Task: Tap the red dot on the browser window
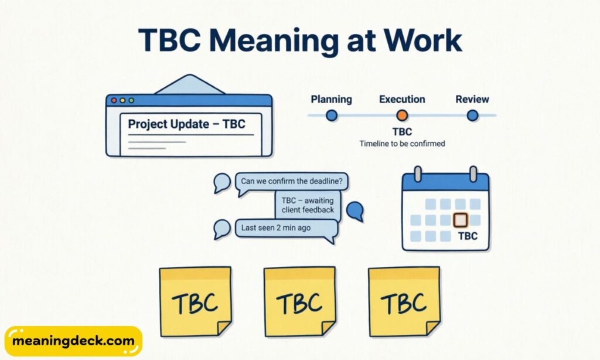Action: tap(114, 100)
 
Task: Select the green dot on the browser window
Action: tap(131, 100)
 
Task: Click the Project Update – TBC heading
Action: tap(186, 124)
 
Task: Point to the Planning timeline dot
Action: tap(332, 116)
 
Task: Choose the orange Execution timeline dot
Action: tap(402, 116)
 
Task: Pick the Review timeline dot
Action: tap(472, 116)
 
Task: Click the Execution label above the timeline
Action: tap(402, 99)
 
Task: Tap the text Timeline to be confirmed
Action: tap(402, 144)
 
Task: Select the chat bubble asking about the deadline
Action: tap(291, 181)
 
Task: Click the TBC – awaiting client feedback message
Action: tap(308, 205)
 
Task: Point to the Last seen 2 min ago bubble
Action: tap(286, 228)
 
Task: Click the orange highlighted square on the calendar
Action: tap(461, 220)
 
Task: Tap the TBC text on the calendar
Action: tap(467, 236)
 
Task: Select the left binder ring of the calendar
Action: tap(418, 174)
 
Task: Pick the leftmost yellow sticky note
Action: tap(195, 301)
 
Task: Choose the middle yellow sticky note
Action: tap(299, 301)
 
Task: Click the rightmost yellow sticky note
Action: tap(404, 301)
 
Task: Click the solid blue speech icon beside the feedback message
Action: tap(354, 210)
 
